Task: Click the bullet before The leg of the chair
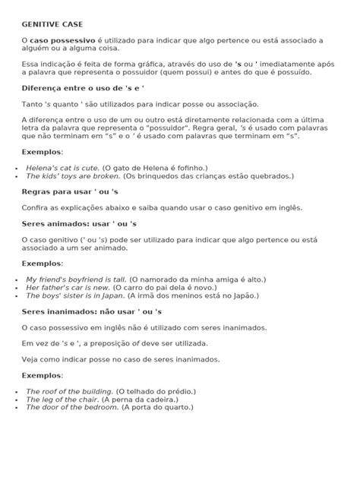(x=17, y=399)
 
